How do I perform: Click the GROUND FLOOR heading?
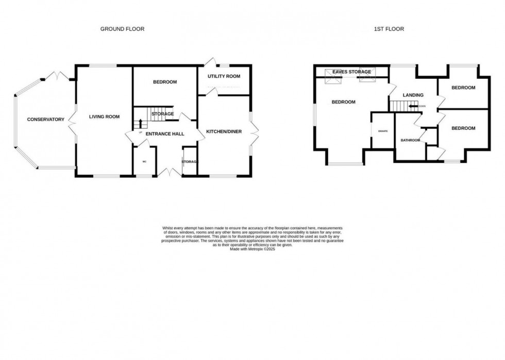(x=122, y=29)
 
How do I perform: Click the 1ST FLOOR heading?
(x=389, y=29)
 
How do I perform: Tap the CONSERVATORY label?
(x=45, y=119)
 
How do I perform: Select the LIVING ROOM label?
(x=104, y=117)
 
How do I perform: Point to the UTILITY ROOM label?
(x=224, y=76)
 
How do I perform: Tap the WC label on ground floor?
(x=144, y=162)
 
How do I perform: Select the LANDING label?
(x=413, y=95)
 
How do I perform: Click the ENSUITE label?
(x=382, y=131)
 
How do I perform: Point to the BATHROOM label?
(x=410, y=140)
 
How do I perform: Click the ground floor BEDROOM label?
(x=165, y=82)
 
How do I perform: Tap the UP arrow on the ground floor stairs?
(x=140, y=124)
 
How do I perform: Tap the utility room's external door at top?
(x=209, y=62)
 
